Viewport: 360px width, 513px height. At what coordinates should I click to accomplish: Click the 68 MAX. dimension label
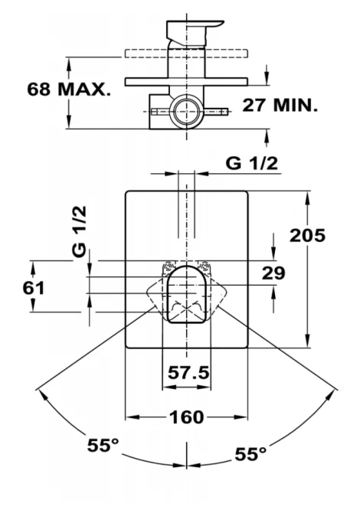coord(69,90)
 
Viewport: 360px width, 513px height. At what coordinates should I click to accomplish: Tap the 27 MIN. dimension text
coord(280,105)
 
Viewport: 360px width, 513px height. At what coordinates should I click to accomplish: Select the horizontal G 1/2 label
coord(251,163)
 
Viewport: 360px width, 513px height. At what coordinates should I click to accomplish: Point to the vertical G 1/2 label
coord(80,231)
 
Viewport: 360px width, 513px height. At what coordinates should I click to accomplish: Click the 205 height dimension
coord(307,235)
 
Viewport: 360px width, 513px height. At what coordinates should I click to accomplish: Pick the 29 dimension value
coord(273,273)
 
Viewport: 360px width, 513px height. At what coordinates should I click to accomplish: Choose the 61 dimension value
coord(34,288)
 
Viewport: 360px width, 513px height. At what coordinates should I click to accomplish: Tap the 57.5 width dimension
coord(188,372)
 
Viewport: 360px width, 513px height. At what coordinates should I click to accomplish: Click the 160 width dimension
coord(187,417)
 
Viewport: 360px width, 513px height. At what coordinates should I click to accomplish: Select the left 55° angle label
coord(103,445)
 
